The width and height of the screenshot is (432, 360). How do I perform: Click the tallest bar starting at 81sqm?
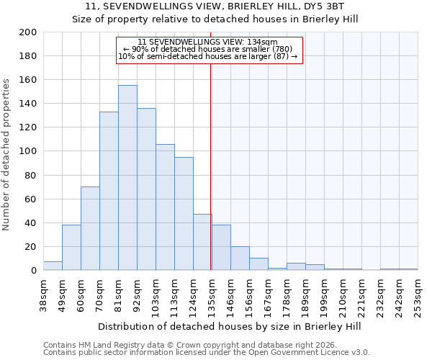tap(127, 178)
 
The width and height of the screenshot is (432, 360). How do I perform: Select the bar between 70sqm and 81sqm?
tap(109, 191)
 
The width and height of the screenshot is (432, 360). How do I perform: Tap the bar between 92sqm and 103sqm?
tap(146, 189)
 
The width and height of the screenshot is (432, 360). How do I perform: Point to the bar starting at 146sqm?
tap(240, 258)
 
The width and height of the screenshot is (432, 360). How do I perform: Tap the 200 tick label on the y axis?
tap(28, 32)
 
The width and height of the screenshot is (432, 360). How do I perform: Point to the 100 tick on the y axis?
tap(28, 151)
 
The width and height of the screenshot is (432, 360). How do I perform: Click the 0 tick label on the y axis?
tap(33, 271)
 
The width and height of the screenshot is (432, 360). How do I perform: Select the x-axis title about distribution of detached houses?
tap(230, 326)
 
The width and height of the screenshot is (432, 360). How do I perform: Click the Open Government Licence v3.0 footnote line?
tap(207, 352)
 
